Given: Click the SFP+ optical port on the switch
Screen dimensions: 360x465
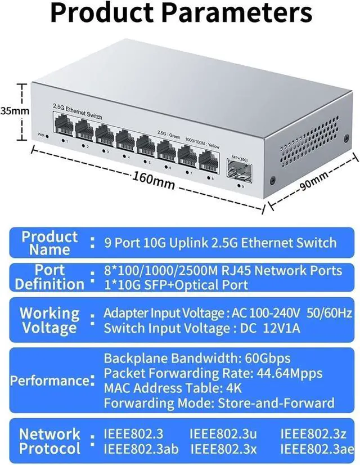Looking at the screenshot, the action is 238,168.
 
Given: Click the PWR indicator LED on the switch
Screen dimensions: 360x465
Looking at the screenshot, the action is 47,136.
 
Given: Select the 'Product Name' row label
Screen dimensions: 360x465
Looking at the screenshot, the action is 49,243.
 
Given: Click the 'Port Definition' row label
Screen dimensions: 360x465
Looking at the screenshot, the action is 49,277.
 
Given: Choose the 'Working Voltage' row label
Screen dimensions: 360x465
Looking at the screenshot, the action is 49,320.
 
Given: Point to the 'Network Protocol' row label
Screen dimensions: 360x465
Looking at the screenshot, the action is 49,441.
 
